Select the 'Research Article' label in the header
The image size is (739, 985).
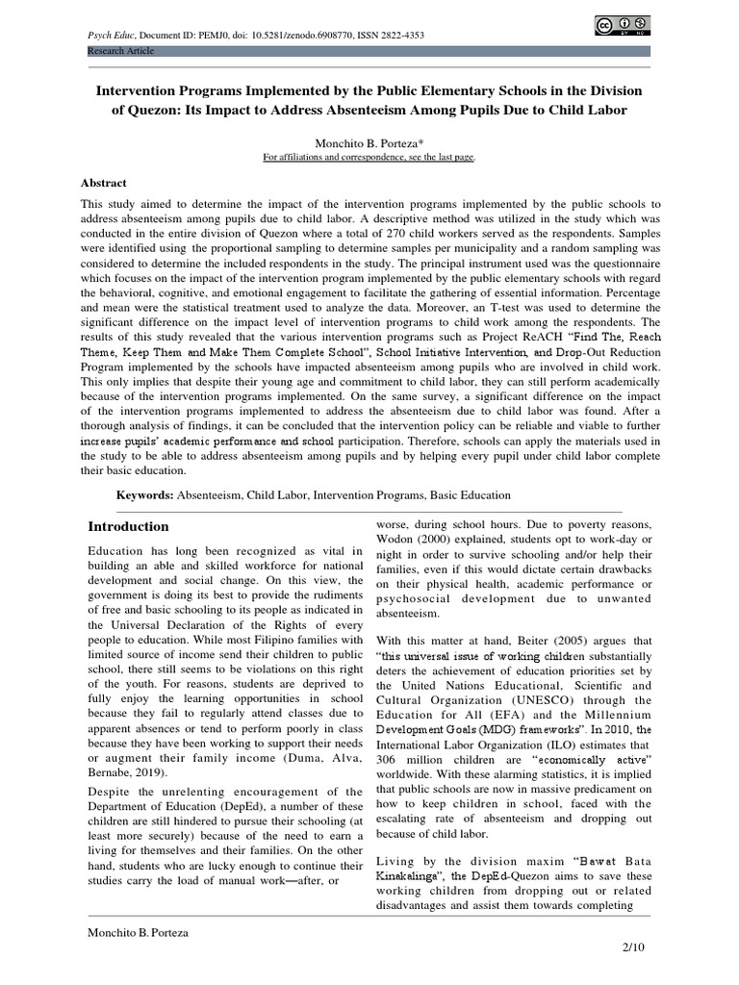pyautogui.click(x=121, y=50)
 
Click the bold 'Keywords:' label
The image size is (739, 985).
pyautogui.click(x=144, y=494)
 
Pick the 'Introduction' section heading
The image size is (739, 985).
pyautogui.click(x=128, y=526)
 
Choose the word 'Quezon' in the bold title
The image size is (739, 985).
pyautogui.click(x=145, y=110)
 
